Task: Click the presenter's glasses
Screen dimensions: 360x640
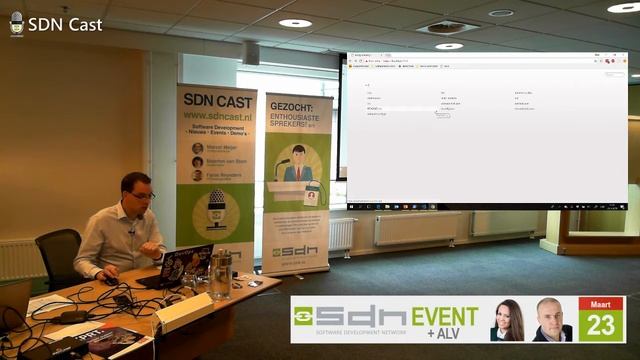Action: pyautogui.click(x=140, y=194)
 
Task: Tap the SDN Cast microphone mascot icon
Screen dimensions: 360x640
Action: pyautogui.click(x=16, y=23)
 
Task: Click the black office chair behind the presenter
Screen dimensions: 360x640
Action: pyautogui.click(x=60, y=254)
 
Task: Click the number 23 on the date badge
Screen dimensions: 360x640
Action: pyautogui.click(x=600, y=326)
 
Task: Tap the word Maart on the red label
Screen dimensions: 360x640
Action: pyautogui.click(x=600, y=303)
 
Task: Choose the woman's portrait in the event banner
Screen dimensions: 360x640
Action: pyautogui.click(x=507, y=321)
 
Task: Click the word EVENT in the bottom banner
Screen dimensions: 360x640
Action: pyautogui.click(x=446, y=316)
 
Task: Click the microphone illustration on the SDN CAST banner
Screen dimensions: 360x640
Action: pyautogui.click(x=216, y=210)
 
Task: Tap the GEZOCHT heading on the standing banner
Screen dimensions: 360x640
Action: pyautogui.click(x=297, y=105)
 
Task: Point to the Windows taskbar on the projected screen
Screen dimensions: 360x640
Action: pyautogui.click(x=486, y=207)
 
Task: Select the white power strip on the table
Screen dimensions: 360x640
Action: pyautogui.click(x=185, y=313)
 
